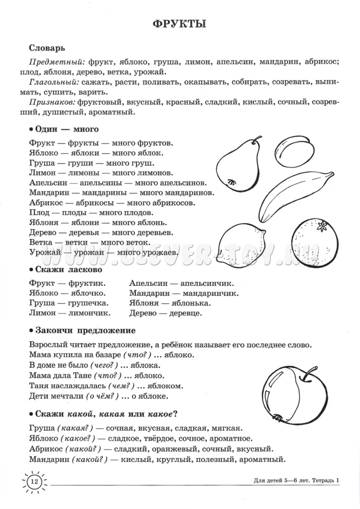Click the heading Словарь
tap(47, 47)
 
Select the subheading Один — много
tap(66, 129)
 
